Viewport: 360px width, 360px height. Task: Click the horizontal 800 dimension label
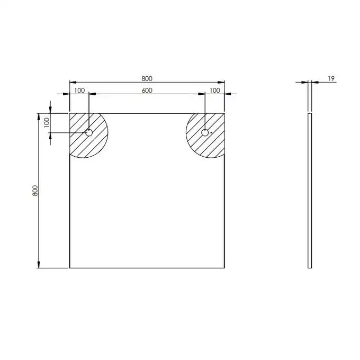[147, 79]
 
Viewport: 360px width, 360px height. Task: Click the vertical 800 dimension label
[35, 191]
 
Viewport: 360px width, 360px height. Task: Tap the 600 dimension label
[147, 91]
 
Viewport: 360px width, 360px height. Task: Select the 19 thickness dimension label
[331, 79]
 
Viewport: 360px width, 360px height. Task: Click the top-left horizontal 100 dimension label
[79, 91]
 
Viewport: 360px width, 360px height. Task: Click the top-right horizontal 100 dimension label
[214, 91]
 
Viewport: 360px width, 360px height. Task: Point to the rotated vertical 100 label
[47, 123]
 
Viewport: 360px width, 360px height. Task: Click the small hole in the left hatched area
[89, 133]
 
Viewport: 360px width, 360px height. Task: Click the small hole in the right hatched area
[205, 133]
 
